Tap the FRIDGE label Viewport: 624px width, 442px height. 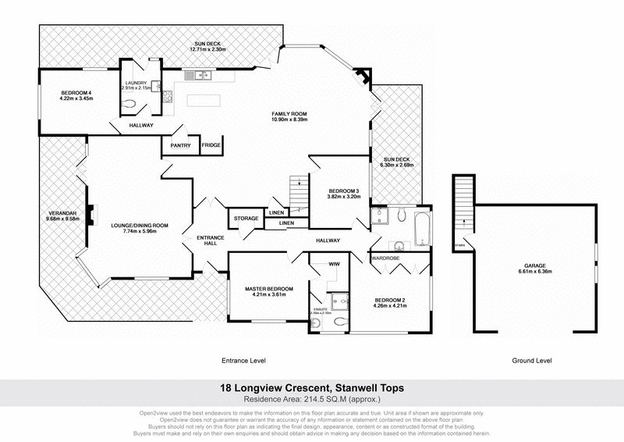(211, 145)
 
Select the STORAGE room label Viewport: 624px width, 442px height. (243, 219)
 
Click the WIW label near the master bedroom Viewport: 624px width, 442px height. (333, 265)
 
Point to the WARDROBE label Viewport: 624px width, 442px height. (385, 258)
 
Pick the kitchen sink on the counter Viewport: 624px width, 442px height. (201, 76)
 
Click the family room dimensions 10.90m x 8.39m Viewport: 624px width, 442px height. (289, 119)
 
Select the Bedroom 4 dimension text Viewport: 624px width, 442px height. (77, 98)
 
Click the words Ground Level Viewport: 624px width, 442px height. (531, 362)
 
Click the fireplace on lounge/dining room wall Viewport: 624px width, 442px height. (92, 213)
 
